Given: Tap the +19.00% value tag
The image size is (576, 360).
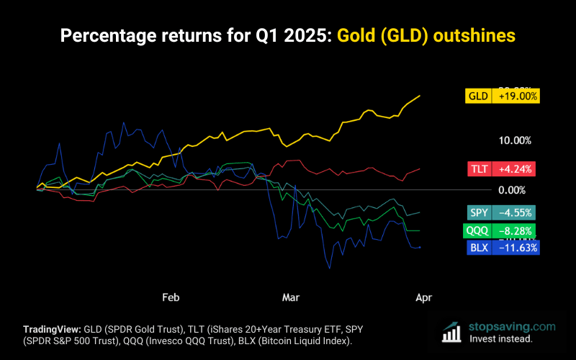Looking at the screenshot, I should pos(515,96).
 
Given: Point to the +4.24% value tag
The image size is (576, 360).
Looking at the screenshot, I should pos(514,169).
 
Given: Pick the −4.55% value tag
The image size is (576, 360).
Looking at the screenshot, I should pos(514,212).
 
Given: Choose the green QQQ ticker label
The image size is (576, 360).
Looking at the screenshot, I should pos(477,230).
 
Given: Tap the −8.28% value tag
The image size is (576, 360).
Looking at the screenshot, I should pos(514,230).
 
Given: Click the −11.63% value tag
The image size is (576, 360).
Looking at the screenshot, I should pos(514,248).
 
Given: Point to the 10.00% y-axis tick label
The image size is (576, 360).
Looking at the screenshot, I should pos(513,140).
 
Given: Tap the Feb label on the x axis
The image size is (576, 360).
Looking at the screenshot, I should pos(171,297).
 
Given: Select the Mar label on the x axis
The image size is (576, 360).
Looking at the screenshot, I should pos(291,297).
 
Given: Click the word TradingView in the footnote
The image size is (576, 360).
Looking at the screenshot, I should pos(52,326).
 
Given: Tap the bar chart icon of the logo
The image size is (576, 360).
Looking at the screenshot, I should pos(451,332).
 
